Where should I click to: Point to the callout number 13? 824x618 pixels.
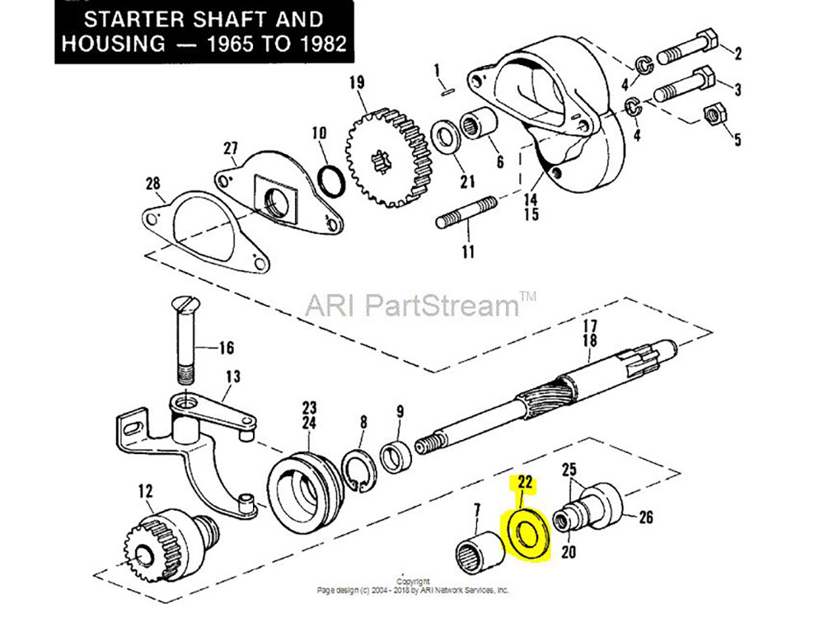tap(233, 377)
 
